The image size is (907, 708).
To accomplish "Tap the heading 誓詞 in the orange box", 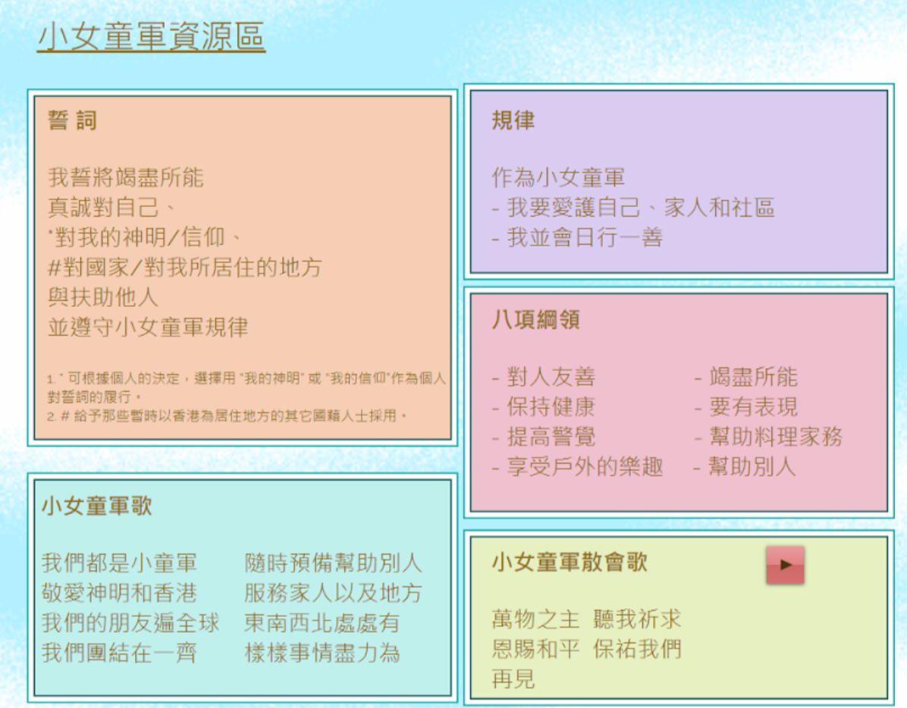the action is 72,121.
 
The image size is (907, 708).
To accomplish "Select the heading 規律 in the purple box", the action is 513,121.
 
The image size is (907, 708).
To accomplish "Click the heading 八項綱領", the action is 535,319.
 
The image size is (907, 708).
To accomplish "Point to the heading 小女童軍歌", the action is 96,506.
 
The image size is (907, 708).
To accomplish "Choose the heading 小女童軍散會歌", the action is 570,561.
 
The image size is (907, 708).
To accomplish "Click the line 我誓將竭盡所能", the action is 126,177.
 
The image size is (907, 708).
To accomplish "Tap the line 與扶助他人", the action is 103,297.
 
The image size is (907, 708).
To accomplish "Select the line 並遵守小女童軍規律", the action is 148,327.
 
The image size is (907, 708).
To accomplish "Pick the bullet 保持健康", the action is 543,406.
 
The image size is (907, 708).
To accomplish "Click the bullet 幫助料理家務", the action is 768,437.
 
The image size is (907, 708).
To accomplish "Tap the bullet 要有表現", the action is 745,406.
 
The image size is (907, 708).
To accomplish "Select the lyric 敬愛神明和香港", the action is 119,593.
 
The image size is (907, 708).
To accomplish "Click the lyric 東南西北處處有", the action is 322,622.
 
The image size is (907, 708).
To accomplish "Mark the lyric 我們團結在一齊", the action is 119,653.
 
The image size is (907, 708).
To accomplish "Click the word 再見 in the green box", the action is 513,678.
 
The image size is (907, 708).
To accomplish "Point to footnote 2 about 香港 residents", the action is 227,415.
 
